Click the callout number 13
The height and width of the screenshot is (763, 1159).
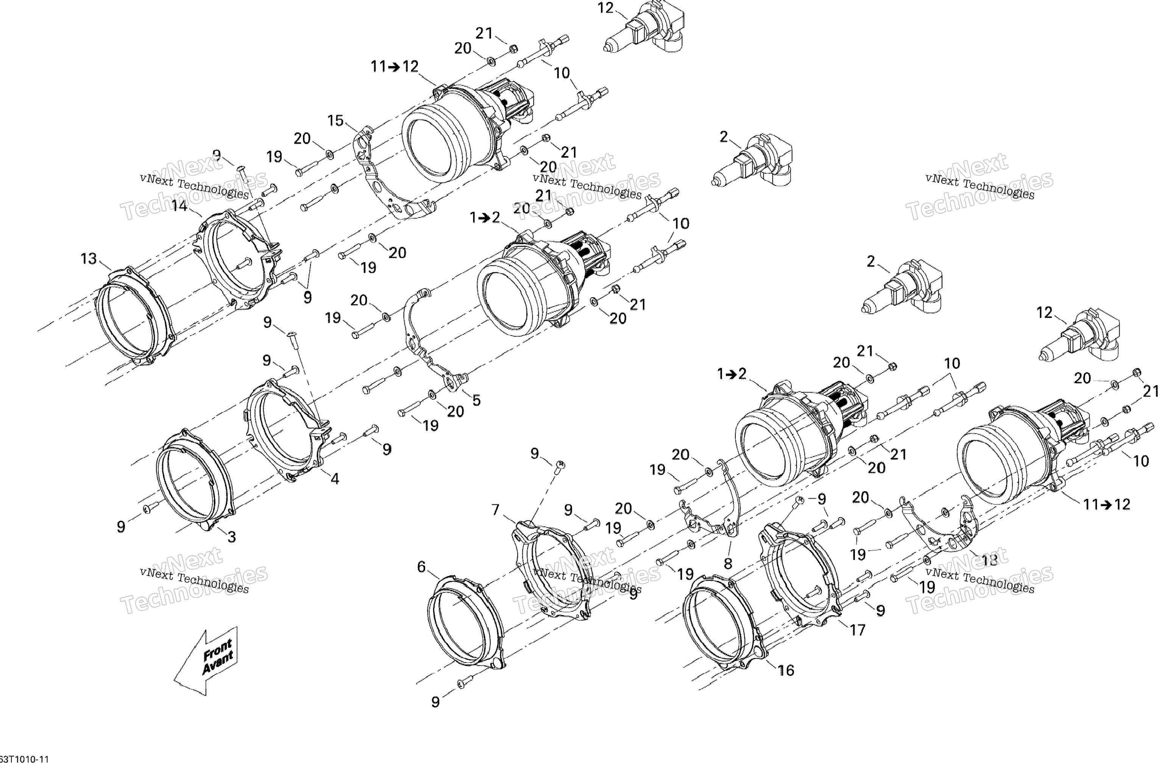pos(89,259)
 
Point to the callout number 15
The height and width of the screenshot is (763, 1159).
pos(335,120)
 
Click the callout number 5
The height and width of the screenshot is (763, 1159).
pos(476,400)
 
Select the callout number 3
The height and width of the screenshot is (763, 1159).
pos(232,537)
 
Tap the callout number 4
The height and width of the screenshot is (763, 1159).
pos(335,479)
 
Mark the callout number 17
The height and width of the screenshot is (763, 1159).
pos(857,630)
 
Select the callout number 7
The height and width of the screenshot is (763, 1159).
pos(495,510)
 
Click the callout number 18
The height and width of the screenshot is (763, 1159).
pos(989,560)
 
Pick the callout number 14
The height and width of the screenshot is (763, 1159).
pos(179,206)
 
